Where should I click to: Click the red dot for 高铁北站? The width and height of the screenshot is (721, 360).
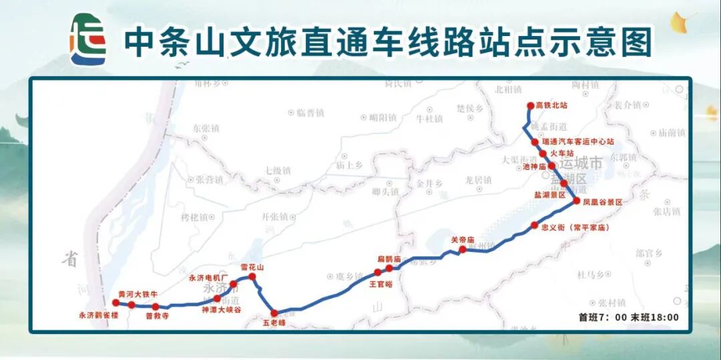point(531,106)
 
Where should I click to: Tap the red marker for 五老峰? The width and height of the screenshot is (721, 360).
point(274,313)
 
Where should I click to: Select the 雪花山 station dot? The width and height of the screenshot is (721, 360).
point(252,277)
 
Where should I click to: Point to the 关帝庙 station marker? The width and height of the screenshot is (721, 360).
point(462,250)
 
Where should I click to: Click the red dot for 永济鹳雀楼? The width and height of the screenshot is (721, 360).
point(115,303)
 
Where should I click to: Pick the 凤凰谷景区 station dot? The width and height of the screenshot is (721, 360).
point(576,200)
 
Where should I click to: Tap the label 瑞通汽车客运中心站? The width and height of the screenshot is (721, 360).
point(579,142)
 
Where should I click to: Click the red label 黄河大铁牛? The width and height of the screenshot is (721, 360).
point(138,294)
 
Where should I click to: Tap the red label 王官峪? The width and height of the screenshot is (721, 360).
point(381,283)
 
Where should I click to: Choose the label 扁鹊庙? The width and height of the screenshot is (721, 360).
point(389,258)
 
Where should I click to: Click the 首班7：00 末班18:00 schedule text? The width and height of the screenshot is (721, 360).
point(628,318)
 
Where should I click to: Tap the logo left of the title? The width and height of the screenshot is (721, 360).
point(88,40)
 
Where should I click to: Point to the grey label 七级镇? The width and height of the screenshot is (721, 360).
point(278,171)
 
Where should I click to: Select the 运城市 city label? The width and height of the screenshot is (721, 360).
point(581,162)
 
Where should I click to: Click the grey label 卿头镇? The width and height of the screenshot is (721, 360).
point(385,192)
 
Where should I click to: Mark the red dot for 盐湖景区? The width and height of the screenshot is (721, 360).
point(564,183)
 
